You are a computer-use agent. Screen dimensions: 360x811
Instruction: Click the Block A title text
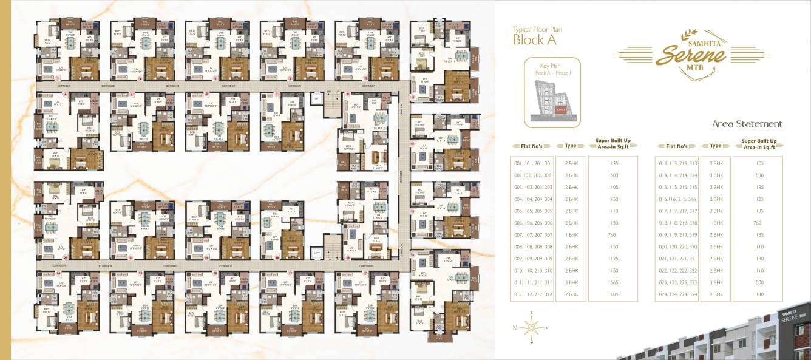[x=535, y=40]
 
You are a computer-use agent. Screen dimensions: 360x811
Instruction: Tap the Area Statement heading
[x=747, y=124]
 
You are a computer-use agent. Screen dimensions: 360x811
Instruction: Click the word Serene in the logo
[x=691, y=55]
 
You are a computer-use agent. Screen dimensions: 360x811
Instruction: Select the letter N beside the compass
[x=514, y=328]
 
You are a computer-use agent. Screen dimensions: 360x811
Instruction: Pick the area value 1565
[x=612, y=282]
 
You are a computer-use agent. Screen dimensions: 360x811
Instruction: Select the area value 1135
[x=612, y=163]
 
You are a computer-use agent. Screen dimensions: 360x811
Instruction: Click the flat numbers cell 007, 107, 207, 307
[x=533, y=235]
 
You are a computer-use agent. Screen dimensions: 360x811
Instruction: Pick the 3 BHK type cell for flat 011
[x=571, y=282]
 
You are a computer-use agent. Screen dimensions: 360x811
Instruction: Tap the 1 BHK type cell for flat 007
[x=571, y=235]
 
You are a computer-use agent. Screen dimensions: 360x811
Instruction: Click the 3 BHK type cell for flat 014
[x=716, y=175]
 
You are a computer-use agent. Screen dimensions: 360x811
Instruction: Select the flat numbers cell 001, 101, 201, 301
[x=533, y=163]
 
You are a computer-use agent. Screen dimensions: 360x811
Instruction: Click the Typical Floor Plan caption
[x=531, y=29]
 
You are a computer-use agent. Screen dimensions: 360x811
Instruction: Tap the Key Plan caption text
[x=552, y=66]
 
